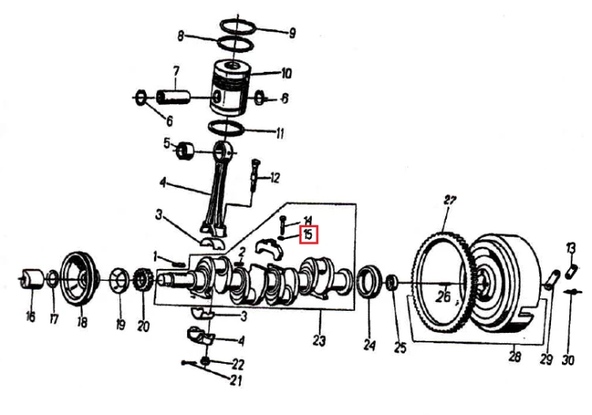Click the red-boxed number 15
pos(309,234)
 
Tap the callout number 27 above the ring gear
pos(450,200)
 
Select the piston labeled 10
pos(230,88)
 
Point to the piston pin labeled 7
pos(173,96)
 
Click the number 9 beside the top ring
pos(292,33)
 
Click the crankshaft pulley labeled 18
pos(80,279)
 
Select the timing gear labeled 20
pos(142,282)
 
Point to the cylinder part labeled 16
pos(32,279)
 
